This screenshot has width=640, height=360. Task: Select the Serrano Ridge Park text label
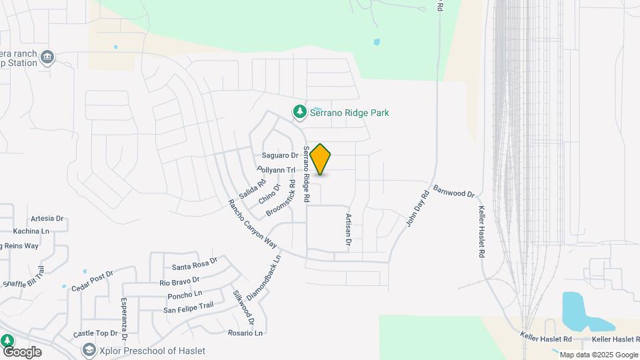click(350, 113)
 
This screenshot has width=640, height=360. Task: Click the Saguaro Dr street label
click(280, 155)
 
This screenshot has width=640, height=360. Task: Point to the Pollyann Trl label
click(276, 170)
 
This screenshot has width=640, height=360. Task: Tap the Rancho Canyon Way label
click(252, 223)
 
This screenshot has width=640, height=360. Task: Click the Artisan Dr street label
click(348, 230)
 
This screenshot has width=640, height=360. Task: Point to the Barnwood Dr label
click(453, 191)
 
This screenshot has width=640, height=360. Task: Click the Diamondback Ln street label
click(273, 275)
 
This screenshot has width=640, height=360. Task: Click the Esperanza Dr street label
click(123, 313)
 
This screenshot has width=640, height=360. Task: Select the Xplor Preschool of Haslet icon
click(88, 350)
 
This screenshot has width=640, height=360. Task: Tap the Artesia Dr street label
click(47, 218)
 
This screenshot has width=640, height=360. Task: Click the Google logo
click(21, 352)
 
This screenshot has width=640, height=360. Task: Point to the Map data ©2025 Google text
click(598, 355)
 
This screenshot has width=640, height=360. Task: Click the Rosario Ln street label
click(245, 333)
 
